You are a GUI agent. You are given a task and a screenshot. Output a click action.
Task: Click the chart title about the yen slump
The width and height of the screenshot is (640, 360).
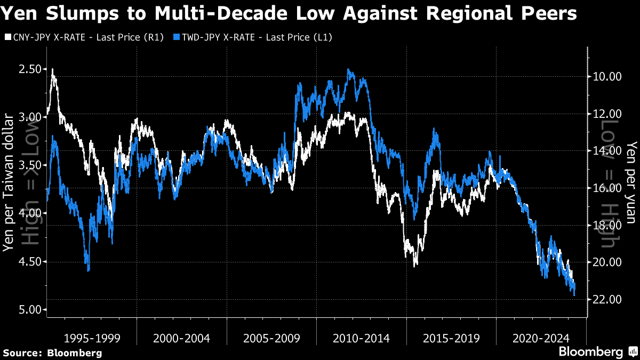[289, 13]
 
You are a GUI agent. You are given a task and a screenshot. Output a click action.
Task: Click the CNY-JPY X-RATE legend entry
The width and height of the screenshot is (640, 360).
[85, 37]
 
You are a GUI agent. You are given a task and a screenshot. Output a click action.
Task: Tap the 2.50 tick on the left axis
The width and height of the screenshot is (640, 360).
[28, 69]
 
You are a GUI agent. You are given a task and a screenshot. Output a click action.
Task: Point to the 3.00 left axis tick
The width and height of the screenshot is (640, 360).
[28, 117]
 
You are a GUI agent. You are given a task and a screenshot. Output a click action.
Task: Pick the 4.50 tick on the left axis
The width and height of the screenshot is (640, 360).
[28, 261]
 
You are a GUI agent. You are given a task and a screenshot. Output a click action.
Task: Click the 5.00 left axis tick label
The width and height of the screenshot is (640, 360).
[28, 310]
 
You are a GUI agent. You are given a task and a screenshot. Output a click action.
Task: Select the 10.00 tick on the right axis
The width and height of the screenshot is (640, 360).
[606, 76]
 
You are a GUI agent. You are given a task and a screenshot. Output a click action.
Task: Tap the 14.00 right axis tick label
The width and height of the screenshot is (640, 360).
[606, 150]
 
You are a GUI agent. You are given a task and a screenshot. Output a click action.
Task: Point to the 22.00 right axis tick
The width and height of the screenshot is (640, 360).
[606, 299]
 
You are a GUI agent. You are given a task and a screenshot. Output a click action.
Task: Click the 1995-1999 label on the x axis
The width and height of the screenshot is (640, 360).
[92, 338]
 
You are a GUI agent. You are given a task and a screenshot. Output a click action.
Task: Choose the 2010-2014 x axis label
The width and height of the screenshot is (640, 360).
[361, 338]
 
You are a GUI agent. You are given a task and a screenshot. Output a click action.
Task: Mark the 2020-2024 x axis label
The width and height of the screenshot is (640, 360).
[541, 338]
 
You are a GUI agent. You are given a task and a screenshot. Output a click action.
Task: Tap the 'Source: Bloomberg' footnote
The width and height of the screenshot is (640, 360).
[52, 353]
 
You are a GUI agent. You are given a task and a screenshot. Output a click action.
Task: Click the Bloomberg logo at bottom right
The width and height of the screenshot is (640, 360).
[597, 352]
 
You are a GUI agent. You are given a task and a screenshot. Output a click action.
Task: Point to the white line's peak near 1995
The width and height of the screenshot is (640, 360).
[52, 69]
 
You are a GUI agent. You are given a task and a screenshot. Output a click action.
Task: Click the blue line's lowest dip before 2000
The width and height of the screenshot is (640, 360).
[88, 270]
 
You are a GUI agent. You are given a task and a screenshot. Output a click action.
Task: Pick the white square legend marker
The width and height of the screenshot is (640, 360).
[7, 37]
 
